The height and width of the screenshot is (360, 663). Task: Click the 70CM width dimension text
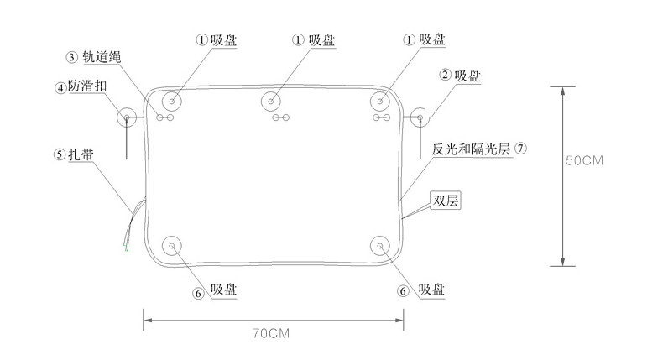point(272,332)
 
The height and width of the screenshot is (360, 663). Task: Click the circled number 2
point(445,75)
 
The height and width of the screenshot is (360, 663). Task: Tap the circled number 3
point(73,57)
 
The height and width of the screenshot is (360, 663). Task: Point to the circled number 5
point(59,154)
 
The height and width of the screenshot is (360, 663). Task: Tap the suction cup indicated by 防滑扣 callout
point(127,117)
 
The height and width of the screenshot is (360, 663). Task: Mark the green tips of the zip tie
point(125,248)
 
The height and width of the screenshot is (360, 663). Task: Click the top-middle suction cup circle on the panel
point(271,102)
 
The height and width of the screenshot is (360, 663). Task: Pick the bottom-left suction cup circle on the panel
point(172,246)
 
